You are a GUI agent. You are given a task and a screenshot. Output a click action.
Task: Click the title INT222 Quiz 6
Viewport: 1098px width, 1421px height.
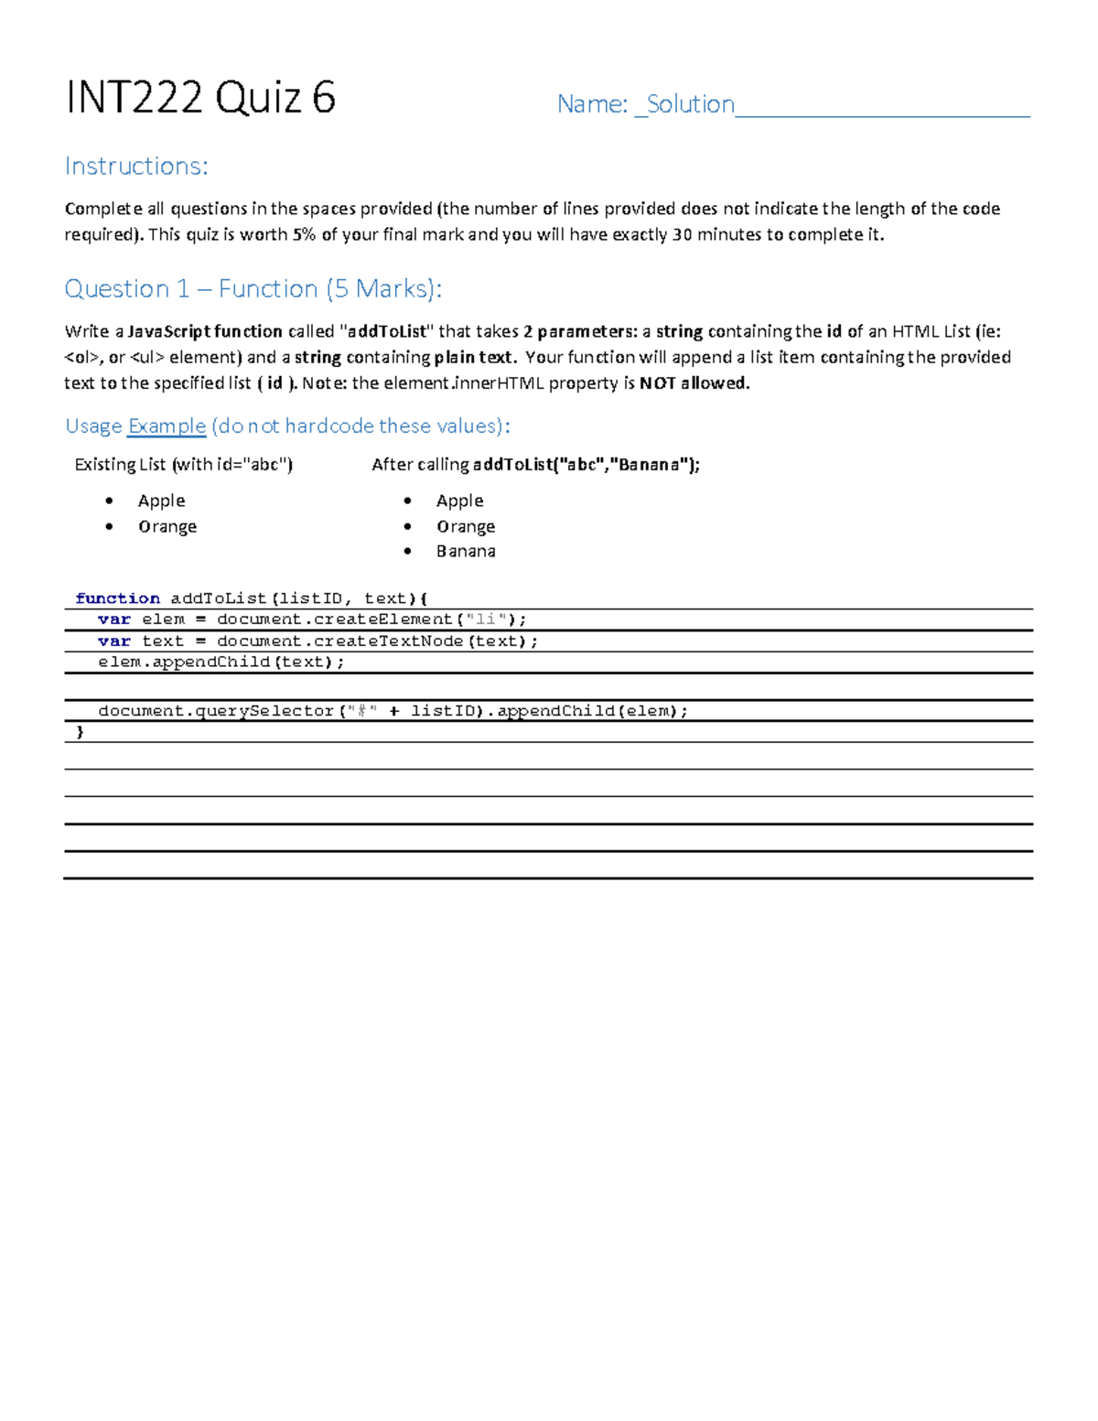click(200, 98)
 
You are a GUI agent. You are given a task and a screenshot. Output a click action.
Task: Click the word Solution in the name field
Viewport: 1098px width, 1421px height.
click(691, 104)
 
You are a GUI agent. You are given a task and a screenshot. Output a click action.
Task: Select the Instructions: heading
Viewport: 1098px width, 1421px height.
click(136, 166)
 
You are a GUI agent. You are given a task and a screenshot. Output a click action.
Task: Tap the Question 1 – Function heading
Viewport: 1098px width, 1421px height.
click(253, 289)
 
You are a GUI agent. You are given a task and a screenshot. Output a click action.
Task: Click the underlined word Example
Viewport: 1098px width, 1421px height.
click(167, 426)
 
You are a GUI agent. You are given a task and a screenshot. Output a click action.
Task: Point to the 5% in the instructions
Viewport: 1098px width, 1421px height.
click(304, 234)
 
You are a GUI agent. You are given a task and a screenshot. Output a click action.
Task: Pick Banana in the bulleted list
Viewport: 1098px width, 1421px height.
click(466, 551)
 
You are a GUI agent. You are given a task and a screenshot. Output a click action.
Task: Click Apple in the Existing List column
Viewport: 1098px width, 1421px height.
click(162, 501)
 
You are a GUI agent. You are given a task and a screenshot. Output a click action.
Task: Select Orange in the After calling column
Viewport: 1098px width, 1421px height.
click(466, 526)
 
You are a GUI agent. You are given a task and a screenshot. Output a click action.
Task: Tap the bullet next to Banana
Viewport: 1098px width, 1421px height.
click(408, 551)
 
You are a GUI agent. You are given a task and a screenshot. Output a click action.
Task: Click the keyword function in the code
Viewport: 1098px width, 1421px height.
click(117, 598)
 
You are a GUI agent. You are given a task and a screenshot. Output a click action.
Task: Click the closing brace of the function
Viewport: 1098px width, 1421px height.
click(80, 732)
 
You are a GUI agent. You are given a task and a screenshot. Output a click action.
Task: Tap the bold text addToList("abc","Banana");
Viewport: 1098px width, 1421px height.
click(586, 465)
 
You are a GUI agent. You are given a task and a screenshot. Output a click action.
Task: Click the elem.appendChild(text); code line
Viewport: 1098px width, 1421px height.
click(221, 662)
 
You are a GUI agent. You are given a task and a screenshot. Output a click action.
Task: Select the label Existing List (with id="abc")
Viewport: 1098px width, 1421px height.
click(183, 465)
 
